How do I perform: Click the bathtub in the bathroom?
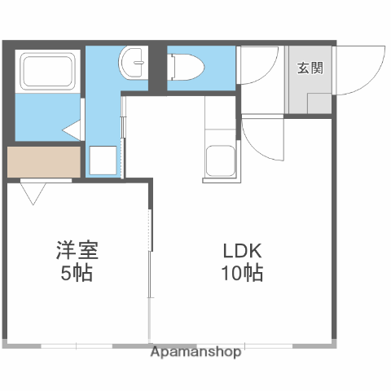click(x=46, y=72)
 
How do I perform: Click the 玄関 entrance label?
click(x=309, y=67)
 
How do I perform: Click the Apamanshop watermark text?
click(x=196, y=353)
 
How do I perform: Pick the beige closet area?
click(x=45, y=161)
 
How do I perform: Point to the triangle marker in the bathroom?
click(x=72, y=130)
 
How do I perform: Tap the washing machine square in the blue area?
click(x=103, y=160)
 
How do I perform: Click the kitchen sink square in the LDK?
click(x=219, y=160)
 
